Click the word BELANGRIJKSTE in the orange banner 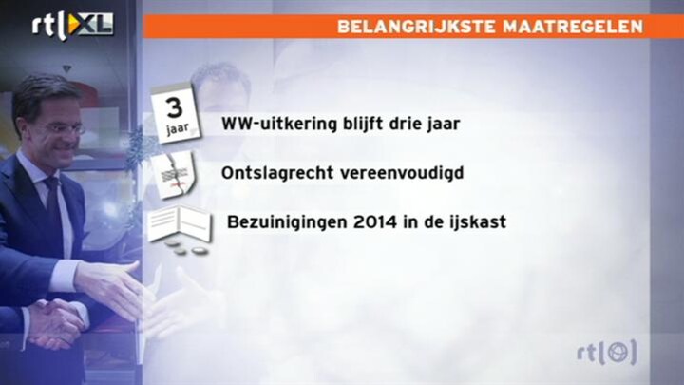[416, 27]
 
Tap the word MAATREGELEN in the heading [573, 27]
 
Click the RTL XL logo [72, 26]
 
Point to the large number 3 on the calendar [175, 107]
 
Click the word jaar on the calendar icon [178, 128]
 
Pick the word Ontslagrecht [277, 173]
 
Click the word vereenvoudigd [402, 173]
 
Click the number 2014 [375, 222]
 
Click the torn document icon [174, 175]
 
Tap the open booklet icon [180, 223]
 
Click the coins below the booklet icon [186, 248]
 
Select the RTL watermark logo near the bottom [607, 353]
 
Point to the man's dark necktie [53, 204]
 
